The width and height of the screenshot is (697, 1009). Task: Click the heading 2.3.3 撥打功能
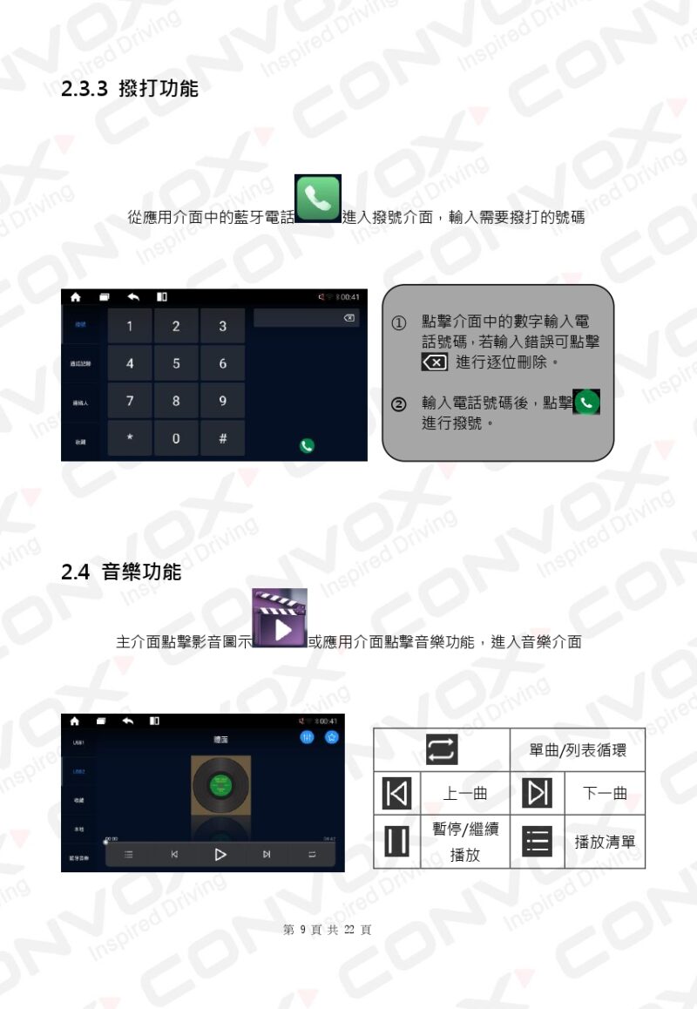[x=130, y=88]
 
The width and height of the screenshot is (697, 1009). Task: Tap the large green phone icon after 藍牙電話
[x=318, y=200]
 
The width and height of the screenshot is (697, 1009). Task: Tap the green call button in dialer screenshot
[x=307, y=445]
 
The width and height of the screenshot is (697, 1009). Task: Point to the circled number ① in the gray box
[x=397, y=323]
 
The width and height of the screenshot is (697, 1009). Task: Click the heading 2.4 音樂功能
[x=121, y=572]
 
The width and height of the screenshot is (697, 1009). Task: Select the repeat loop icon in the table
[x=442, y=750]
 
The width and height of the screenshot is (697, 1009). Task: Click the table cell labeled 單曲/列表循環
[x=577, y=750]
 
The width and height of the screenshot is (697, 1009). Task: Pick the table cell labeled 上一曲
[x=465, y=794]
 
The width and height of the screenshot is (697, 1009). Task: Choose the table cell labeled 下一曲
[x=605, y=794]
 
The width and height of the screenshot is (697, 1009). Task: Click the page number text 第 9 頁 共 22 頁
[x=327, y=930]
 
